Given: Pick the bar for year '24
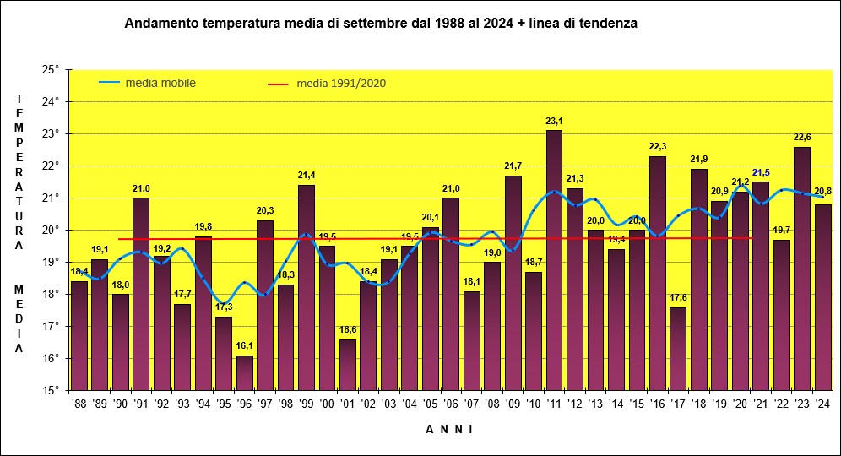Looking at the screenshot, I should (823, 297).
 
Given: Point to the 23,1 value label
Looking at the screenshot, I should (554, 122).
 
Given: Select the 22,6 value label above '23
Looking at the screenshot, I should (802, 138).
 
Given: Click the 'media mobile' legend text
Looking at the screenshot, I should (160, 83).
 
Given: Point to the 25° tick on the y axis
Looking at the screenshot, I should (51, 69).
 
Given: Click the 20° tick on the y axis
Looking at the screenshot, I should (51, 230).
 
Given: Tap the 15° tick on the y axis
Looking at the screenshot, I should (51, 390).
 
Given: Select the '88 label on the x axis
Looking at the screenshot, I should (79, 404).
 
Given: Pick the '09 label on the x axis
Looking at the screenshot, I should (513, 404).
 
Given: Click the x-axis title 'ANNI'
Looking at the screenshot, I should (448, 429).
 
